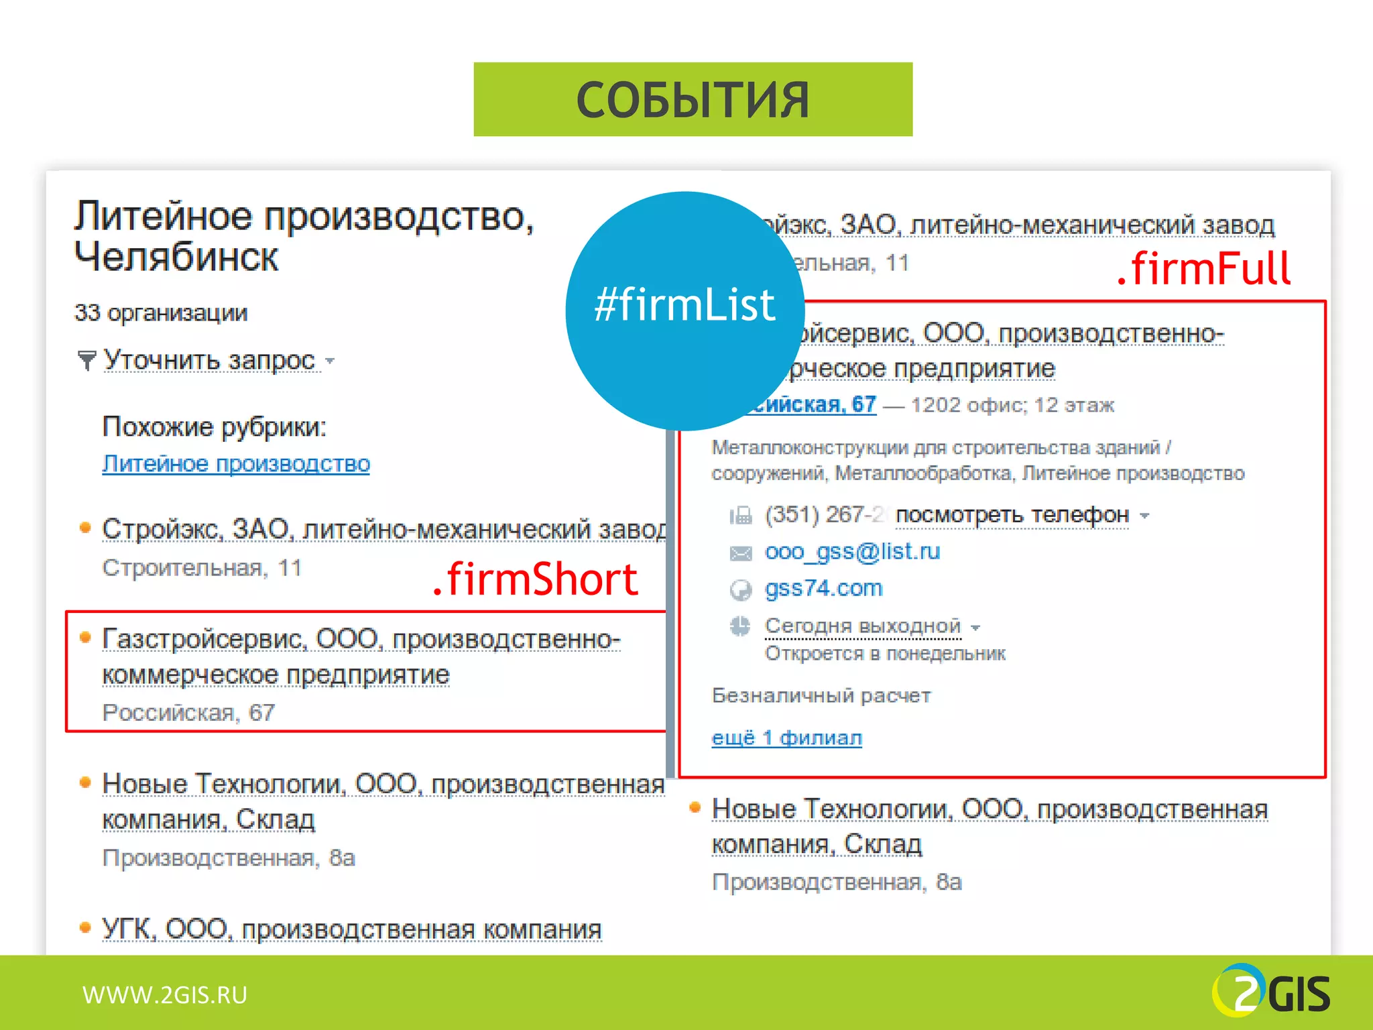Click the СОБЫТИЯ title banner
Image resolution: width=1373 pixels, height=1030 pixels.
pos(693,100)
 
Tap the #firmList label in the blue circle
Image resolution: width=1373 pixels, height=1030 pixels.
pos(684,305)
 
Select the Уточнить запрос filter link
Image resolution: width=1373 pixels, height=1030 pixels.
pos(209,361)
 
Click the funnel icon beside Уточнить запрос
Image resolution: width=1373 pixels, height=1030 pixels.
pos(86,361)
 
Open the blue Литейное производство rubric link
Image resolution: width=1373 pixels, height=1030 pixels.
pos(236,464)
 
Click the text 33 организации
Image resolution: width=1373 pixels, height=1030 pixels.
pos(161,313)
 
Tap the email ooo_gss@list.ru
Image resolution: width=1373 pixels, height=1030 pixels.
pos(852,552)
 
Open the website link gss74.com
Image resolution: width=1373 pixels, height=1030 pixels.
pos(823,589)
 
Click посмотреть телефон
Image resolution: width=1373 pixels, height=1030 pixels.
pos(1012,515)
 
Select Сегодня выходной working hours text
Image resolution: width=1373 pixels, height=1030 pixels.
pos(863,626)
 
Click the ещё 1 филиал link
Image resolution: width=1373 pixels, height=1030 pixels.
pos(786,738)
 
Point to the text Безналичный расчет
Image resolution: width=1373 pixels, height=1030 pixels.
pos(821,696)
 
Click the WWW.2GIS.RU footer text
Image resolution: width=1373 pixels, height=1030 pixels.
pos(165,995)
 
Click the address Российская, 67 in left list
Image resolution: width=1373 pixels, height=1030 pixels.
pos(188,713)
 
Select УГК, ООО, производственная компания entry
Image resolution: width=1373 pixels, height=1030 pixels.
pos(351,930)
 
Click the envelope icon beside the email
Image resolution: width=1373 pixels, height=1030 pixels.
pos(740,553)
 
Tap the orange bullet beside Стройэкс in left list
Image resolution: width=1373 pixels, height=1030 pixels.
pos(85,528)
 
